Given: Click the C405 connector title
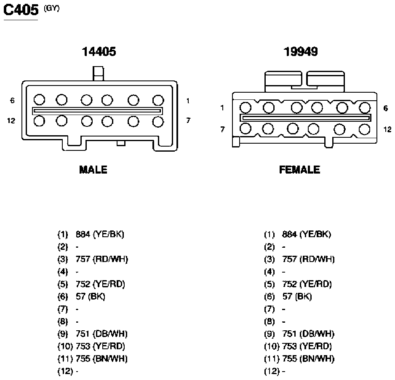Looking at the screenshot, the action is (x=21, y=10).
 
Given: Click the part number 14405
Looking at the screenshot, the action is (x=99, y=51).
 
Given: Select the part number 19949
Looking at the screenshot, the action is (x=301, y=51).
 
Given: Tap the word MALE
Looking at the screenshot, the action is (x=93, y=170).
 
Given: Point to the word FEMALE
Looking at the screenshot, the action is (x=299, y=170).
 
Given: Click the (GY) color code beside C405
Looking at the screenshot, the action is (x=52, y=8).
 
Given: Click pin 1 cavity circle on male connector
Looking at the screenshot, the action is (x=158, y=100).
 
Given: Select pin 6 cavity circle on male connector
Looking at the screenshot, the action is (x=39, y=99).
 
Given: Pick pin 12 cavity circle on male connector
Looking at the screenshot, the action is (x=39, y=121).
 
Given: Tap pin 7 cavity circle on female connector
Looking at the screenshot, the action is (x=245, y=128).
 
